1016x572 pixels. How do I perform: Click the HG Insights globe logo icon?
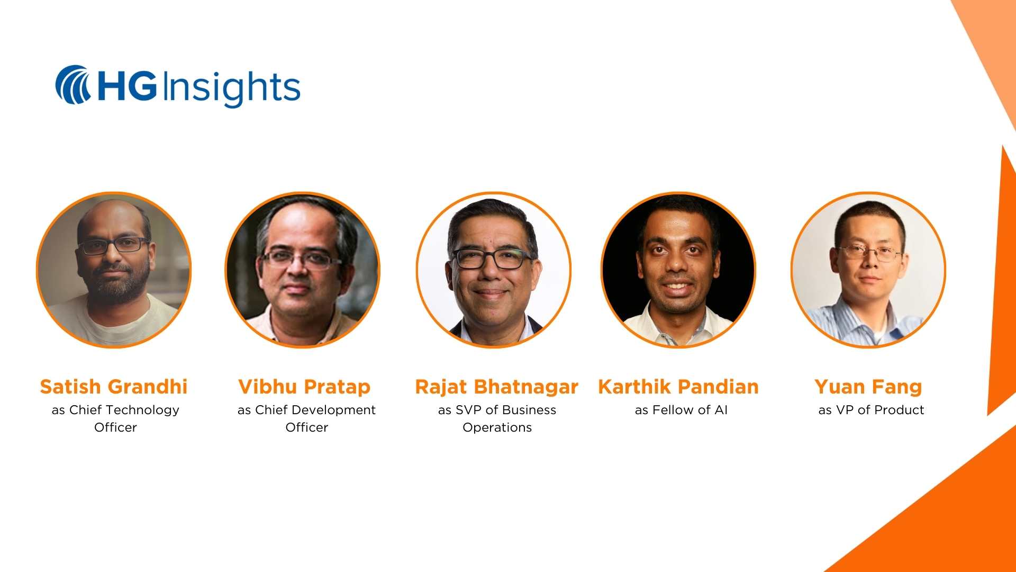[73, 85]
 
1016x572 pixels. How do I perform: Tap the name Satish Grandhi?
[114, 387]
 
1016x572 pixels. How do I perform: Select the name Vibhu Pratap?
[304, 387]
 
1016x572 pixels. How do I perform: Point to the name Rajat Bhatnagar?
[496, 387]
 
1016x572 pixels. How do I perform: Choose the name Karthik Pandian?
[678, 387]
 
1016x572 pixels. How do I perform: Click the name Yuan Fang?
[868, 387]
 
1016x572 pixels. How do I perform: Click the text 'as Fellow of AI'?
[681, 410]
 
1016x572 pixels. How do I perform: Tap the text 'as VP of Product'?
[871, 410]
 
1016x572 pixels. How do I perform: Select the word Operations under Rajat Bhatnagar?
[497, 427]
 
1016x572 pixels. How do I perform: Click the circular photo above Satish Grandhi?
[114, 270]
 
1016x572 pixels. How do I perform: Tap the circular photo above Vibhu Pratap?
[303, 270]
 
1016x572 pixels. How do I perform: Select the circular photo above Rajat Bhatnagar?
[494, 270]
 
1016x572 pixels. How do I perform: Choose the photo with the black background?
[678, 270]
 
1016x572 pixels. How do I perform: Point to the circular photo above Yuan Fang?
[868, 270]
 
